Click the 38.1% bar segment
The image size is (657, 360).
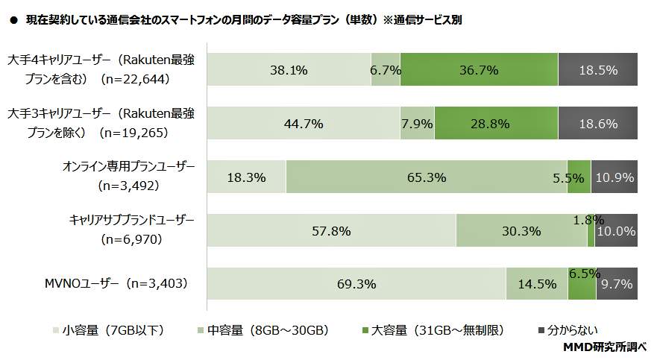pyautogui.click(x=289, y=70)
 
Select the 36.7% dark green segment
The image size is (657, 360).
pyautogui.click(x=479, y=70)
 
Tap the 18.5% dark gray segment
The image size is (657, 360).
pyautogui.click(x=598, y=70)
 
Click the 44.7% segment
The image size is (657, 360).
pyautogui.click(x=303, y=124)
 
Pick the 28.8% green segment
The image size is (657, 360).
pyautogui.click(x=496, y=124)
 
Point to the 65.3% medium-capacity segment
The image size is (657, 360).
pyautogui.click(x=427, y=177)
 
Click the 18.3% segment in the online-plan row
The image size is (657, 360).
pyautogui.click(x=246, y=177)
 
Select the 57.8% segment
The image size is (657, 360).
pyautogui.click(x=331, y=230)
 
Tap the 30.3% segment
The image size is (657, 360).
pyautogui.click(x=521, y=230)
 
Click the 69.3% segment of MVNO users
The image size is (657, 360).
pyautogui.click(x=356, y=284)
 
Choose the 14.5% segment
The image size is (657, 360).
pyautogui.click(x=536, y=284)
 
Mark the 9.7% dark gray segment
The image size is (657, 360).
pyautogui.click(x=617, y=284)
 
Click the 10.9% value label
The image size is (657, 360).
pyautogui.click(x=614, y=177)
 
